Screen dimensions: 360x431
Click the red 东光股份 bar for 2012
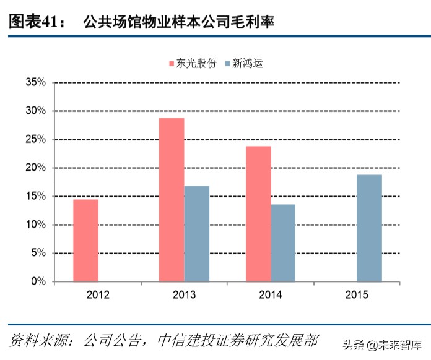pyautogui.click(x=85, y=241)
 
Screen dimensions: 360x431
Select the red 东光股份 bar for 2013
pyautogui.click(x=172, y=200)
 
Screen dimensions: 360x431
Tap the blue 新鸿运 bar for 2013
pyautogui.click(x=196, y=234)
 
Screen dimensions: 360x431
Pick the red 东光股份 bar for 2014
pyautogui.click(x=258, y=214)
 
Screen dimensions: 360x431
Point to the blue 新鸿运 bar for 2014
pyautogui.click(x=283, y=243)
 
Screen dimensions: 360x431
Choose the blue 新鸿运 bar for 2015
pyautogui.click(x=369, y=228)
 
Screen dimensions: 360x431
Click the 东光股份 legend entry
pyautogui.click(x=193, y=64)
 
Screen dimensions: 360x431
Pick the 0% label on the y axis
pyautogui.click(x=39, y=281)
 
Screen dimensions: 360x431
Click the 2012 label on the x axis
pyautogui.click(x=98, y=295)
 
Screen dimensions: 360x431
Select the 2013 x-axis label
pyautogui.click(x=184, y=295)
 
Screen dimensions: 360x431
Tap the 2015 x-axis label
pyautogui.click(x=357, y=295)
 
